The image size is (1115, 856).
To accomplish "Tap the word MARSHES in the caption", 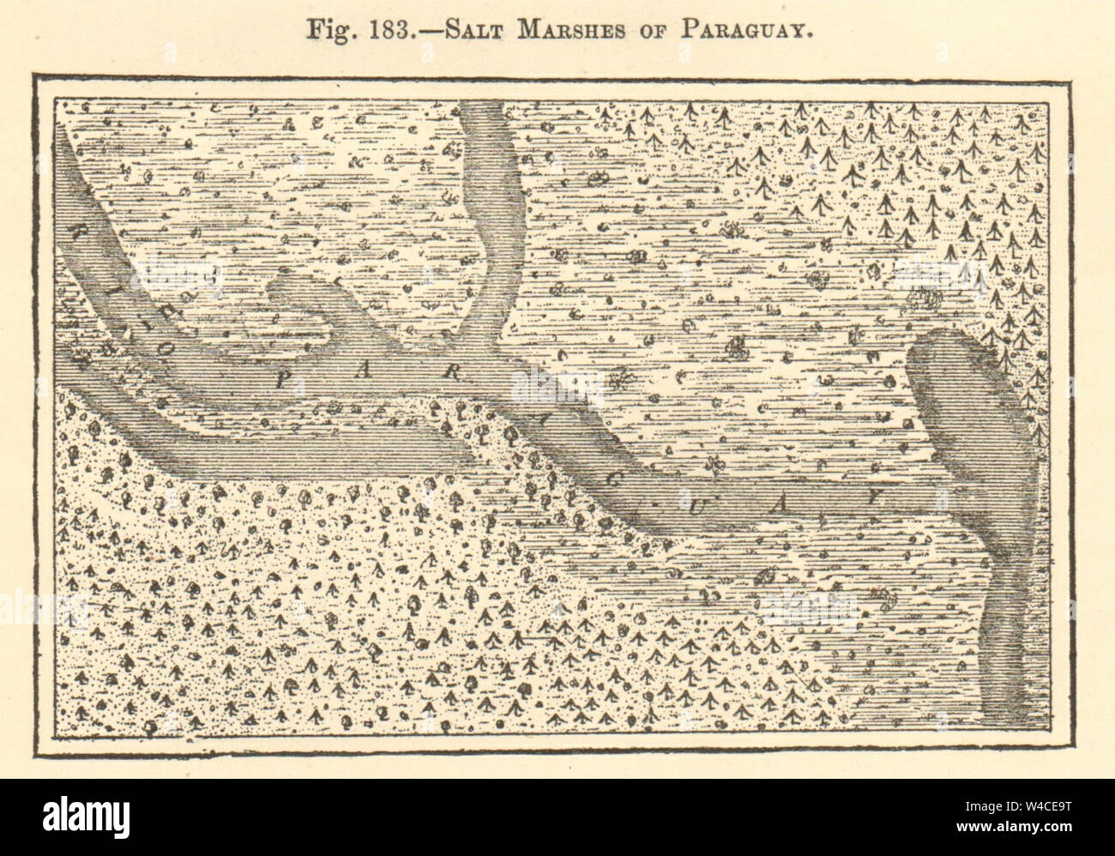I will (x=573, y=27).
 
